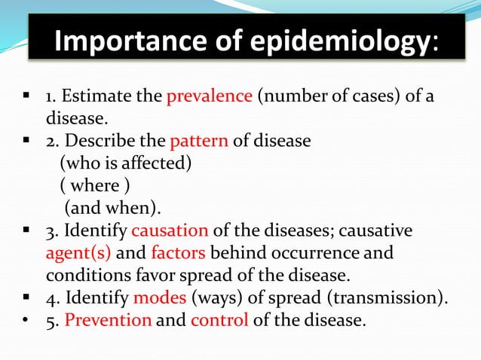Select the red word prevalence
point(209,97)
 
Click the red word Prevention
point(108,319)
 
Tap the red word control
point(219,319)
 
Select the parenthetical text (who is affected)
point(120,163)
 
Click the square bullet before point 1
point(26,96)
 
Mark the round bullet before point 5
point(26,319)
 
